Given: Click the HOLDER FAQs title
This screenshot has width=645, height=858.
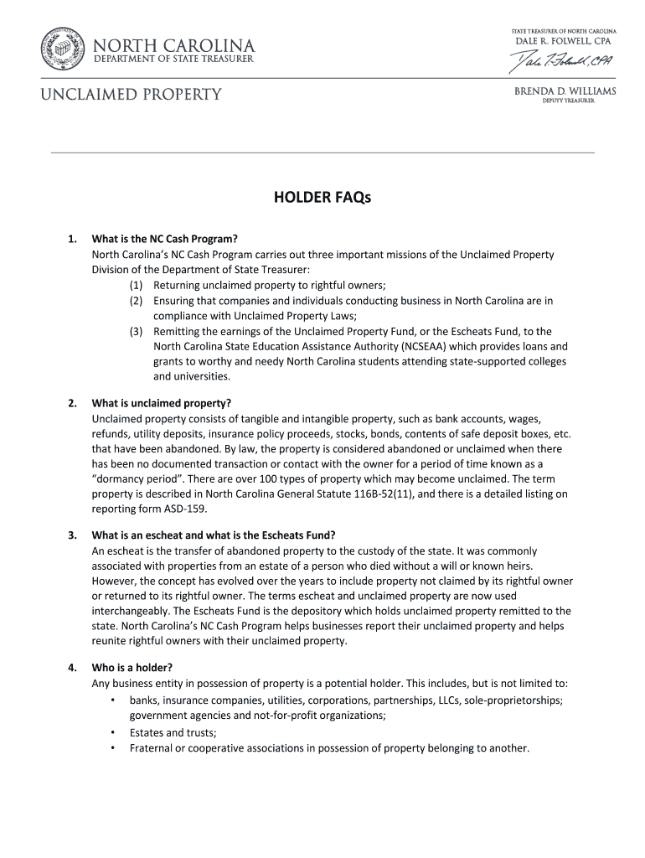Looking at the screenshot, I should pos(322,198).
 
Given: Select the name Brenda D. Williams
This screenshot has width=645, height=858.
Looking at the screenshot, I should pos(565,91).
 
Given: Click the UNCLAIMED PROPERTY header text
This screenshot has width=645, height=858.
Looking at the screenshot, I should pos(132,94).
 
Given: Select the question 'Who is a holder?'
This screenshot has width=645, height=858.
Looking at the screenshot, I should pos(132,668).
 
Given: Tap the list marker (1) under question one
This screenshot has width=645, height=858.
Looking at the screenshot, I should pos(136,286).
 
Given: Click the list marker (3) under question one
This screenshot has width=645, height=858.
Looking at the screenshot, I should pos(136,332).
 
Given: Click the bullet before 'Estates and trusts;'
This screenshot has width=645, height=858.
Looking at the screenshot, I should pos(111,732).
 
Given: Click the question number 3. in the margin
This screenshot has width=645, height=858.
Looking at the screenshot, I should pos(74,535).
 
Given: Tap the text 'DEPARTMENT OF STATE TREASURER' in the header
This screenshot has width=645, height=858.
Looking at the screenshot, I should pos(173,59).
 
